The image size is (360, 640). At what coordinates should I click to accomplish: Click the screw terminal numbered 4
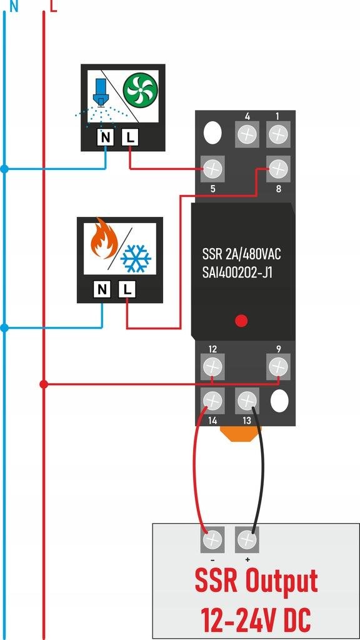(x=247, y=134)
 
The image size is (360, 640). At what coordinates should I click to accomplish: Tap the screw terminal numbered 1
(x=278, y=134)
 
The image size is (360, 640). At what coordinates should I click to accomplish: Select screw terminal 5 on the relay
(x=213, y=168)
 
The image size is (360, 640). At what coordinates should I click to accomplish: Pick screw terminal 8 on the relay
(x=278, y=167)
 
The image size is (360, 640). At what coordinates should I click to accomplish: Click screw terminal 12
(x=212, y=366)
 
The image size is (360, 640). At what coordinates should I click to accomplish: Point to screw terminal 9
(x=278, y=366)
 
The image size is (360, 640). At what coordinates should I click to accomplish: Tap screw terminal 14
(x=212, y=399)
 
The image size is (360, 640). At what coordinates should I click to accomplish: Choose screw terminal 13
(x=247, y=399)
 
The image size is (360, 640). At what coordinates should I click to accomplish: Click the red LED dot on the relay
(x=241, y=321)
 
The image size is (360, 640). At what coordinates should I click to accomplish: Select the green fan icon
(x=140, y=89)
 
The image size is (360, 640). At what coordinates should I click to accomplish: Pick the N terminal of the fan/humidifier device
(x=106, y=137)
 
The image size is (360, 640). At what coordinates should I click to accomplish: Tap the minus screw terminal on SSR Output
(x=212, y=539)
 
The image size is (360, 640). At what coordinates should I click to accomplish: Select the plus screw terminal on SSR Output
(x=247, y=539)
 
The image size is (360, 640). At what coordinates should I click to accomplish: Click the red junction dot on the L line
(x=43, y=384)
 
